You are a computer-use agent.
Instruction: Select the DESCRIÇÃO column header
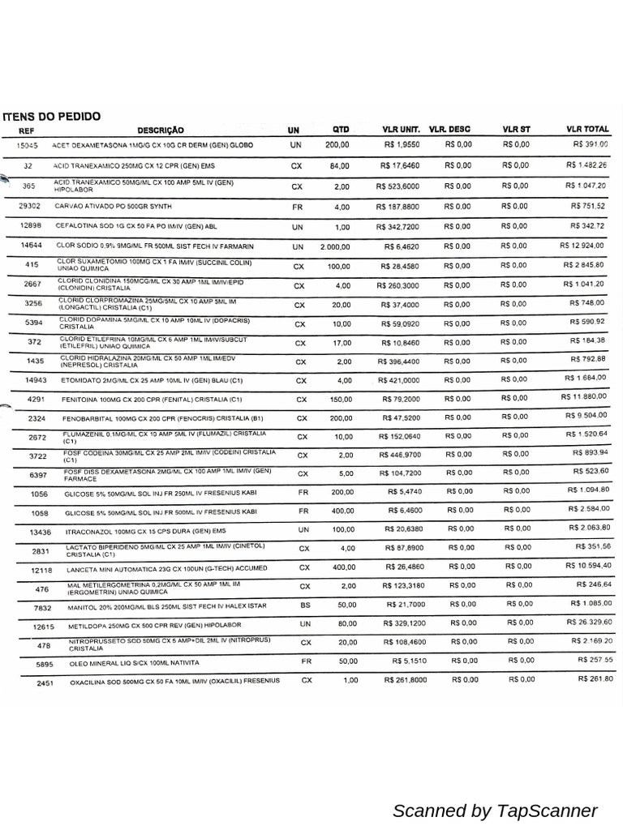point(161,130)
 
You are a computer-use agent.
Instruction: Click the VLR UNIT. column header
point(401,130)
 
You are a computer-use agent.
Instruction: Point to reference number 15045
point(28,145)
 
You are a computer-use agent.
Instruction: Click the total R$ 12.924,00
point(582,245)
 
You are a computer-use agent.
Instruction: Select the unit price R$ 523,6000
point(397,186)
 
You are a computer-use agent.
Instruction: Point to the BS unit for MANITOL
point(305,605)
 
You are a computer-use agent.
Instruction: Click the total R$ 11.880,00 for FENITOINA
point(584,397)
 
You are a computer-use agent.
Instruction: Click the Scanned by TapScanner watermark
point(495,811)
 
